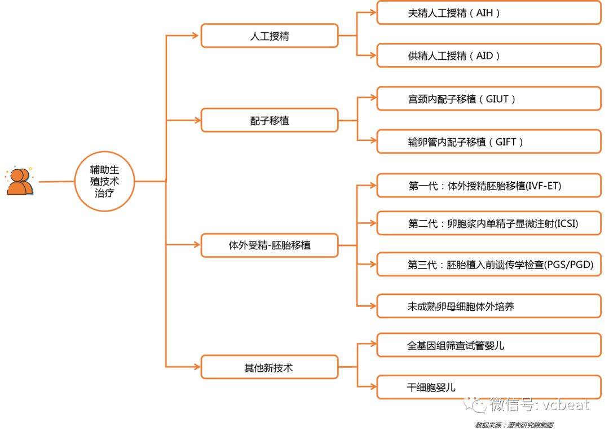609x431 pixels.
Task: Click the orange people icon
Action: click(20, 181)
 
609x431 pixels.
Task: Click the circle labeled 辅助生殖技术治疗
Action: click(105, 181)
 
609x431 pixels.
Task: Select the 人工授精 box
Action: click(270, 36)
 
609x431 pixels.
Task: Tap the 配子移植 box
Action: click(270, 120)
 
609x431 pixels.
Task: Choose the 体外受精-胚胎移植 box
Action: click(270, 245)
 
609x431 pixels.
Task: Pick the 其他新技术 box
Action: click(270, 367)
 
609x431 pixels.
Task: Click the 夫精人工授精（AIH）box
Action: click(488, 13)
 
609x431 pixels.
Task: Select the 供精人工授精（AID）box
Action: click(488, 55)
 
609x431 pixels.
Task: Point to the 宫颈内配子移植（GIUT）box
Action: click(488, 99)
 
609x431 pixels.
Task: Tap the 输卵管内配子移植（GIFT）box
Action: click(488, 142)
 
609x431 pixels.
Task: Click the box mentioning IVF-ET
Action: click(488, 185)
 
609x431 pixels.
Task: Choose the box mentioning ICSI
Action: click(488, 223)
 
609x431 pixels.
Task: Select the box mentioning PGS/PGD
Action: click(488, 264)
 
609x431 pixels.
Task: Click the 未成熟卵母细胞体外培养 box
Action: click(488, 306)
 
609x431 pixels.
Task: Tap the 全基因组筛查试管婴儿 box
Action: click(488, 345)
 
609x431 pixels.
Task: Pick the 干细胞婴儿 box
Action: click(488, 387)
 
